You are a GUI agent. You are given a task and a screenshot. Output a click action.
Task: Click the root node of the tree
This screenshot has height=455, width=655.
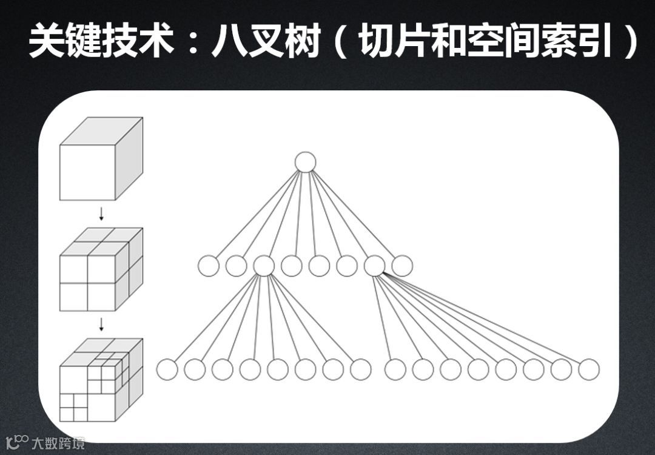(x=305, y=162)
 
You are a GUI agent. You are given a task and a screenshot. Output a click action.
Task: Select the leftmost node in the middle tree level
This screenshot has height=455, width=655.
(x=208, y=266)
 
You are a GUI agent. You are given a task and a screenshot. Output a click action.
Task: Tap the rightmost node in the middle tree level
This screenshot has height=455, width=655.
(x=402, y=266)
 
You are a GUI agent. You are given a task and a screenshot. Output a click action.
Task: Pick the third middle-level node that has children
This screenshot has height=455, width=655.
(x=264, y=266)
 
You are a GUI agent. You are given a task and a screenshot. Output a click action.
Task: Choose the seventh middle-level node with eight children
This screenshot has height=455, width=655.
(x=374, y=266)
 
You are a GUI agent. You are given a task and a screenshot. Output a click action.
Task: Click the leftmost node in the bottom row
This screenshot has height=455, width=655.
(x=167, y=369)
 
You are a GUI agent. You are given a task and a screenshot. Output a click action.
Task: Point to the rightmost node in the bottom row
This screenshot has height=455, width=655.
(x=589, y=369)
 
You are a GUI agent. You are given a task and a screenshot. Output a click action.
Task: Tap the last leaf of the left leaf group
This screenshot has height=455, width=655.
(x=360, y=369)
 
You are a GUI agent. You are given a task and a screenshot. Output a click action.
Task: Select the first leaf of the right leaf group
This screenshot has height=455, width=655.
(x=395, y=369)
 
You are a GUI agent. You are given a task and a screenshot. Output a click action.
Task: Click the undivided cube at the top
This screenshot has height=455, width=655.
(x=101, y=159)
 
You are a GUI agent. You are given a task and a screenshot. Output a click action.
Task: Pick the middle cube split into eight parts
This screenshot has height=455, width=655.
(x=101, y=269)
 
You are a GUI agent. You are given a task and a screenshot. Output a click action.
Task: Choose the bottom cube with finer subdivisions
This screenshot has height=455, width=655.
(x=101, y=380)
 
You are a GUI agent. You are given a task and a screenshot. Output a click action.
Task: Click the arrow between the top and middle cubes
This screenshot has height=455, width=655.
(x=101, y=214)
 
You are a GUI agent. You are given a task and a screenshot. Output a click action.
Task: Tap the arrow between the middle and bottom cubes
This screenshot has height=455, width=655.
(x=101, y=325)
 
